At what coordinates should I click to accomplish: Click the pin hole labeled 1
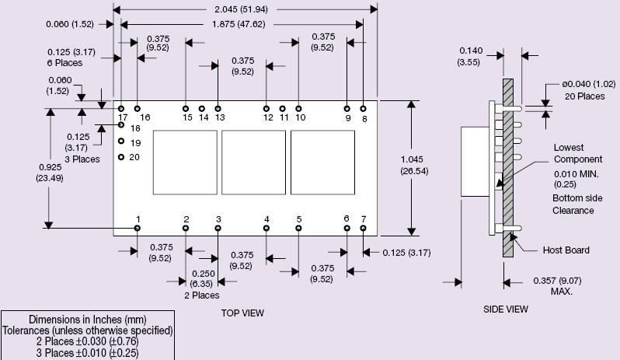[x=138, y=229]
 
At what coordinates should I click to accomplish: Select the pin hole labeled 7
[x=364, y=229]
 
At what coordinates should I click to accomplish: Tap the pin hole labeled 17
[x=122, y=109]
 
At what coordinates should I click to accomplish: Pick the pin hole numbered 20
[x=122, y=157]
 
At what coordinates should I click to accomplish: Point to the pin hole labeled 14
[x=202, y=109]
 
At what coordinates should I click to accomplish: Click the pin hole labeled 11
[x=283, y=109]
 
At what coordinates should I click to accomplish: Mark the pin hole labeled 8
[x=364, y=109]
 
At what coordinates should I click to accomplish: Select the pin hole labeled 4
[x=266, y=229]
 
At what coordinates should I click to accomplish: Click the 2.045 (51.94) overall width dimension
[x=246, y=9]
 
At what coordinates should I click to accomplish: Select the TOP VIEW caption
[x=242, y=313]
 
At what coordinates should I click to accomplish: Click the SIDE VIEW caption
[x=506, y=309]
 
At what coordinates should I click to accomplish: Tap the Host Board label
[x=566, y=250]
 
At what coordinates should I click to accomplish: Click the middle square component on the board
[x=253, y=163]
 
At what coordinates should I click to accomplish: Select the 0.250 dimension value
[x=202, y=274]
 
